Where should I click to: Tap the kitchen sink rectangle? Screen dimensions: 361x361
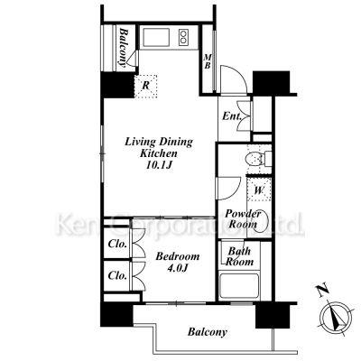coord(156,37)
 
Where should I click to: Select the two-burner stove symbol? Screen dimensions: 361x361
coord(184,37)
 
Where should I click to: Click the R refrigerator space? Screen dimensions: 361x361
coord(145,86)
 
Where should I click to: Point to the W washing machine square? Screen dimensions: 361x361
coord(259,190)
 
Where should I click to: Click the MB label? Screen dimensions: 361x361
coord(207,61)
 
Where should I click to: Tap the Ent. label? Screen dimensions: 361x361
coord(232,116)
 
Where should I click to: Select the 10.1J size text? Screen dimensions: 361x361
coord(159,165)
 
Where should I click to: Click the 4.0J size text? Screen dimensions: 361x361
coord(178,267)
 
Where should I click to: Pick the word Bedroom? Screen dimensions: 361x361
coord(178,256)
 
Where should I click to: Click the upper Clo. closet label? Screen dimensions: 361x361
coord(117,244)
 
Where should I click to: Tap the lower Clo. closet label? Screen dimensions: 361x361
coord(117,275)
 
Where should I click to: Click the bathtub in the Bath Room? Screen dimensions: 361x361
coord(239,285)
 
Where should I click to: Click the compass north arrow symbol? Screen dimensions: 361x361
coord(336,317)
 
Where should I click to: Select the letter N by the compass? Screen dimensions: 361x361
coord(322,290)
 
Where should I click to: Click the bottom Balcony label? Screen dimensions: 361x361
coord(208,332)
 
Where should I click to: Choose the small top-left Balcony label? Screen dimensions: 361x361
coord(123,47)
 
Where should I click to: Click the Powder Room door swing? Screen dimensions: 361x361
coord(228,189)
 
